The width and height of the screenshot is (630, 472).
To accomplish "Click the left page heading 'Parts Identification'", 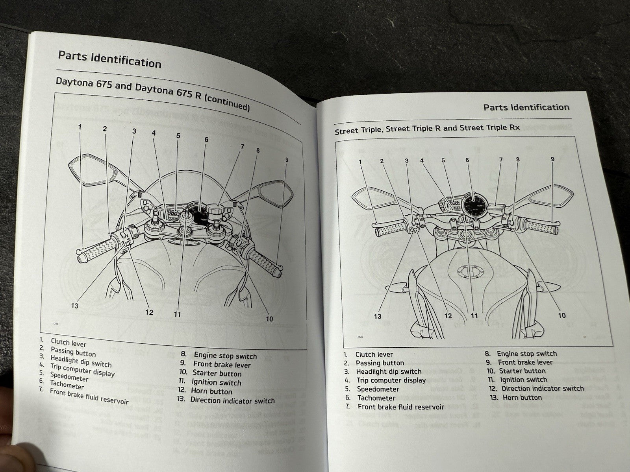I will [109, 59].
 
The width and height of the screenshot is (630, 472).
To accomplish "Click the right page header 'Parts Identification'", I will [526, 107].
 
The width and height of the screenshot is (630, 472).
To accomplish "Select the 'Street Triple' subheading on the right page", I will [427, 129].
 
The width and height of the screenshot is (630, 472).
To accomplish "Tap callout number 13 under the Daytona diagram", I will [75, 306].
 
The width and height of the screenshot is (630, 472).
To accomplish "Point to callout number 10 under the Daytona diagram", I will [269, 319].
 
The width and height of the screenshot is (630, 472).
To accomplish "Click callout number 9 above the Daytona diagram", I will [287, 160].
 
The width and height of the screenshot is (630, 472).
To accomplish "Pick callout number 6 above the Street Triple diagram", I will [467, 160].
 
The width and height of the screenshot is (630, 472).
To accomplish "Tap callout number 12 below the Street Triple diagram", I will [448, 315].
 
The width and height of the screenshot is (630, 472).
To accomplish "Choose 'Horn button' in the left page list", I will [211, 391].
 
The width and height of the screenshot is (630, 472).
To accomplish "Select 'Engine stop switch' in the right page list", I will [527, 354].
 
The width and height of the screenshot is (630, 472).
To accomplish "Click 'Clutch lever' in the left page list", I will [68, 343].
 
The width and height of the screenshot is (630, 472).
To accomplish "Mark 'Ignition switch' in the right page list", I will [523, 380].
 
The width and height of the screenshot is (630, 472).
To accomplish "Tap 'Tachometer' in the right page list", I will [376, 398].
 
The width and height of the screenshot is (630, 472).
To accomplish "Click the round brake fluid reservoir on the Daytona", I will [215, 209].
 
